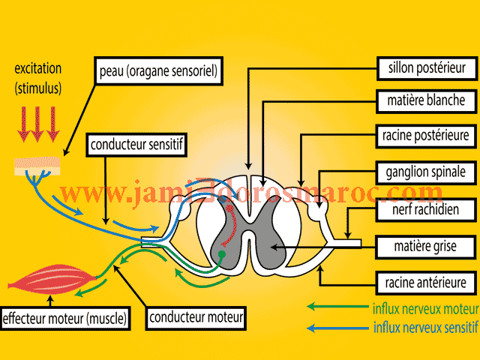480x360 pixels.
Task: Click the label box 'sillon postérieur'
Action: (x=425, y=67)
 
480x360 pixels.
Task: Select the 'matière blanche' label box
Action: (x=425, y=100)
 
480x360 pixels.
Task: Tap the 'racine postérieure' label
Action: (x=425, y=136)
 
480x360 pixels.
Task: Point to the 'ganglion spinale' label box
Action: (x=425, y=171)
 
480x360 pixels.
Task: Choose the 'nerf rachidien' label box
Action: (x=425, y=209)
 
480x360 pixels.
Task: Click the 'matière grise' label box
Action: (x=425, y=246)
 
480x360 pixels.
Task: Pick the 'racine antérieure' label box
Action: (x=425, y=283)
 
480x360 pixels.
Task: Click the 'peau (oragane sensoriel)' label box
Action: (x=157, y=73)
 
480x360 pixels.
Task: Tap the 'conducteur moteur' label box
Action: (x=195, y=317)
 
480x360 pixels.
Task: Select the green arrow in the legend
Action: (x=337, y=307)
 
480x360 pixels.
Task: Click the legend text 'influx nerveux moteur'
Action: (x=424, y=308)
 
